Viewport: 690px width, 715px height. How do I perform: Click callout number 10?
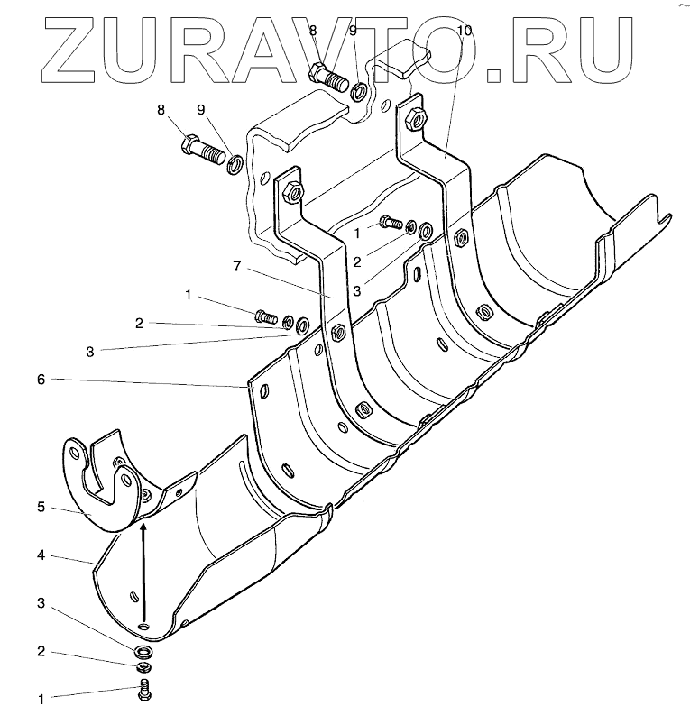coord(464,31)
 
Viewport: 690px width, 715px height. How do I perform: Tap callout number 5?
coord(41,507)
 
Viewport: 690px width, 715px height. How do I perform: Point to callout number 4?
coord(41,555)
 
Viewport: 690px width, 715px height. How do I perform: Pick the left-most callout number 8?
coord(161,110)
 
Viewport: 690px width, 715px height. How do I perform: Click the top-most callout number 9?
coord(353,31)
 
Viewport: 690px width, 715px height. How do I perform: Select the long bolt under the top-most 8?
coord(328,78)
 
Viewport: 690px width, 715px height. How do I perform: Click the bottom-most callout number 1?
coord(41,698)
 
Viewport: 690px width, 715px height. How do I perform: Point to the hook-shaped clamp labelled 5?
coord(99,487)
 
